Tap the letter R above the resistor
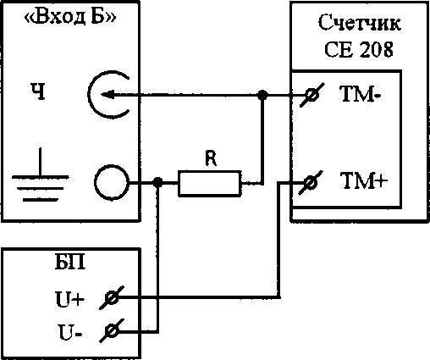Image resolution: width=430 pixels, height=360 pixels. click(x=211, y=158)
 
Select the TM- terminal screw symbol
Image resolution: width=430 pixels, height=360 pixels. click(x=311, y=95)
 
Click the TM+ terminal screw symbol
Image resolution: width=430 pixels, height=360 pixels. click(x=311, y=183)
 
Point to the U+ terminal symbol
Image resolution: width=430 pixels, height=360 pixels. click(x=112, y=298)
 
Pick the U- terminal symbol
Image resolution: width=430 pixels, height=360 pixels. click(x=112, y=330)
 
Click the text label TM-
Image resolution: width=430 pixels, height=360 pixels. click(x=361, y=94)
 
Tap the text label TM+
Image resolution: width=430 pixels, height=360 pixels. click(x=363, y=180)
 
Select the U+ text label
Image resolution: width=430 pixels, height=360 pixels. click(x=69, y=299)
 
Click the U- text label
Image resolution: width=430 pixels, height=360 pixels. click(x=70, y=332)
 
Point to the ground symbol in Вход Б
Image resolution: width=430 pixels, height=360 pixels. click(x=40, y=174)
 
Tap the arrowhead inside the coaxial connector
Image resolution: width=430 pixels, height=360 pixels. click(x=107, y=95)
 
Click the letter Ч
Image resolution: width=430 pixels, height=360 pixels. click(x=38, y=92)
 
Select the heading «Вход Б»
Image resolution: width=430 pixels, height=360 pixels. click(x=70, y=18)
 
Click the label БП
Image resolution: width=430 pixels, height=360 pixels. click(x=70, y=263)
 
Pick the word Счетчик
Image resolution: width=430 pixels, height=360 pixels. click(x=359, y=22)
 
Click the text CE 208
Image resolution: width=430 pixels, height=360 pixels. click(x=359, y=49)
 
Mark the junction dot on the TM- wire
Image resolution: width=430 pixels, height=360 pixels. click(x=262, y=95)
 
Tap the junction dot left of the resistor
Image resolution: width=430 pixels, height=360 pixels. click(x=157, y=182)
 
